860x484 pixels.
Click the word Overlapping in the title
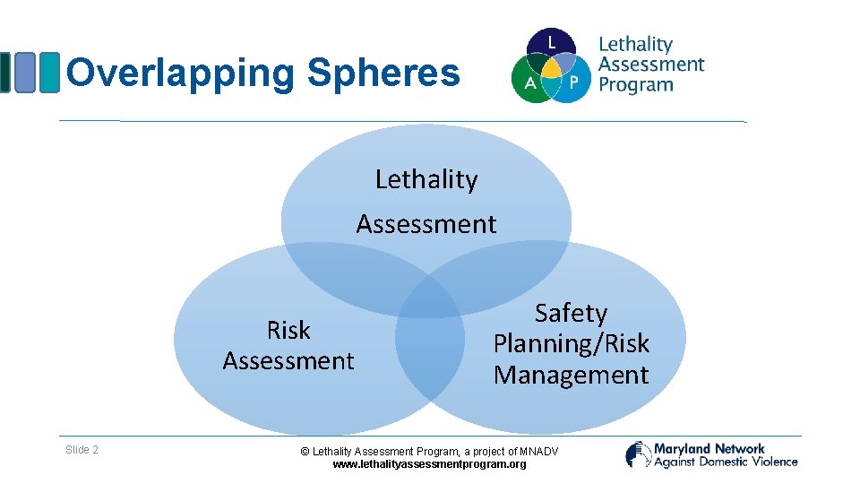coord(182,73)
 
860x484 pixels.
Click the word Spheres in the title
coord(383,73)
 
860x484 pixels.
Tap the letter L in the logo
coord(552,41)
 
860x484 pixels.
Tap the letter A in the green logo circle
coord(529,82)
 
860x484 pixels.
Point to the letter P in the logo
coord(573,82)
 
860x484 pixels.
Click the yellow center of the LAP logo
coord(552,68)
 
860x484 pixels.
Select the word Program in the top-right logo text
coord(635,85)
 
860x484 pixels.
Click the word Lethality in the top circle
coord(426,179)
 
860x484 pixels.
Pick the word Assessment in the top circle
coord(426,223)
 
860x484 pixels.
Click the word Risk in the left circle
coord(288,331)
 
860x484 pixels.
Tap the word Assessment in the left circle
coord(288,361)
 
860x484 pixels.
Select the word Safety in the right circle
coord(571,313)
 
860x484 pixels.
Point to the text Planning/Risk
coord(571,343)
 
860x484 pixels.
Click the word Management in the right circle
coord(571,375)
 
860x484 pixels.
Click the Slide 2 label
coord(82,450)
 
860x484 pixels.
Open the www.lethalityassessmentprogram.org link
coord(429,464)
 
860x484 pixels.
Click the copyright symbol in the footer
coord(305,452)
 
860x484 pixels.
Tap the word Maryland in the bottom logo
coord(683,448)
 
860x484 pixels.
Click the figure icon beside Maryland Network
coord(638,454)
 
